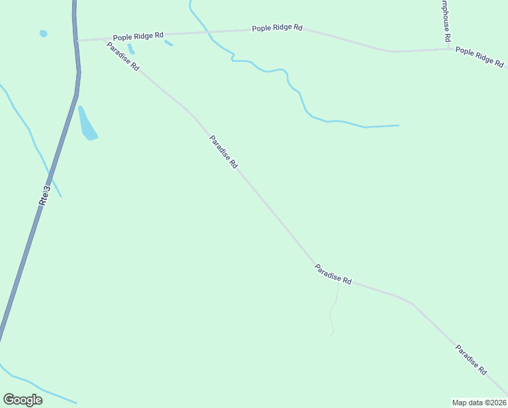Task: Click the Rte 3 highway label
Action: (45, 196)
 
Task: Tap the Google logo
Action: (22, 400)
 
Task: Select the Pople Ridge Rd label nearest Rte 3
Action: (139, 36)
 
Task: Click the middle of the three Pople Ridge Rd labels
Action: (277, 28)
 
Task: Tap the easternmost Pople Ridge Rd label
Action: (479, 56)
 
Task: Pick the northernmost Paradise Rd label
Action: (123, 57)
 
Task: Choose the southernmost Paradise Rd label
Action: (471, 360)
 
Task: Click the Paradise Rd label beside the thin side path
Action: (333, 275)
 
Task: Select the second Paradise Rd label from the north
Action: (223, 152)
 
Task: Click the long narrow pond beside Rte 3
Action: (87, 124)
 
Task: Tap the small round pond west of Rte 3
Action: (43, 33)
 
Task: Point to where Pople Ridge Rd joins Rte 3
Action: (77, 40)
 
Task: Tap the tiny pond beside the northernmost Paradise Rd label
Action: (130, 49)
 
